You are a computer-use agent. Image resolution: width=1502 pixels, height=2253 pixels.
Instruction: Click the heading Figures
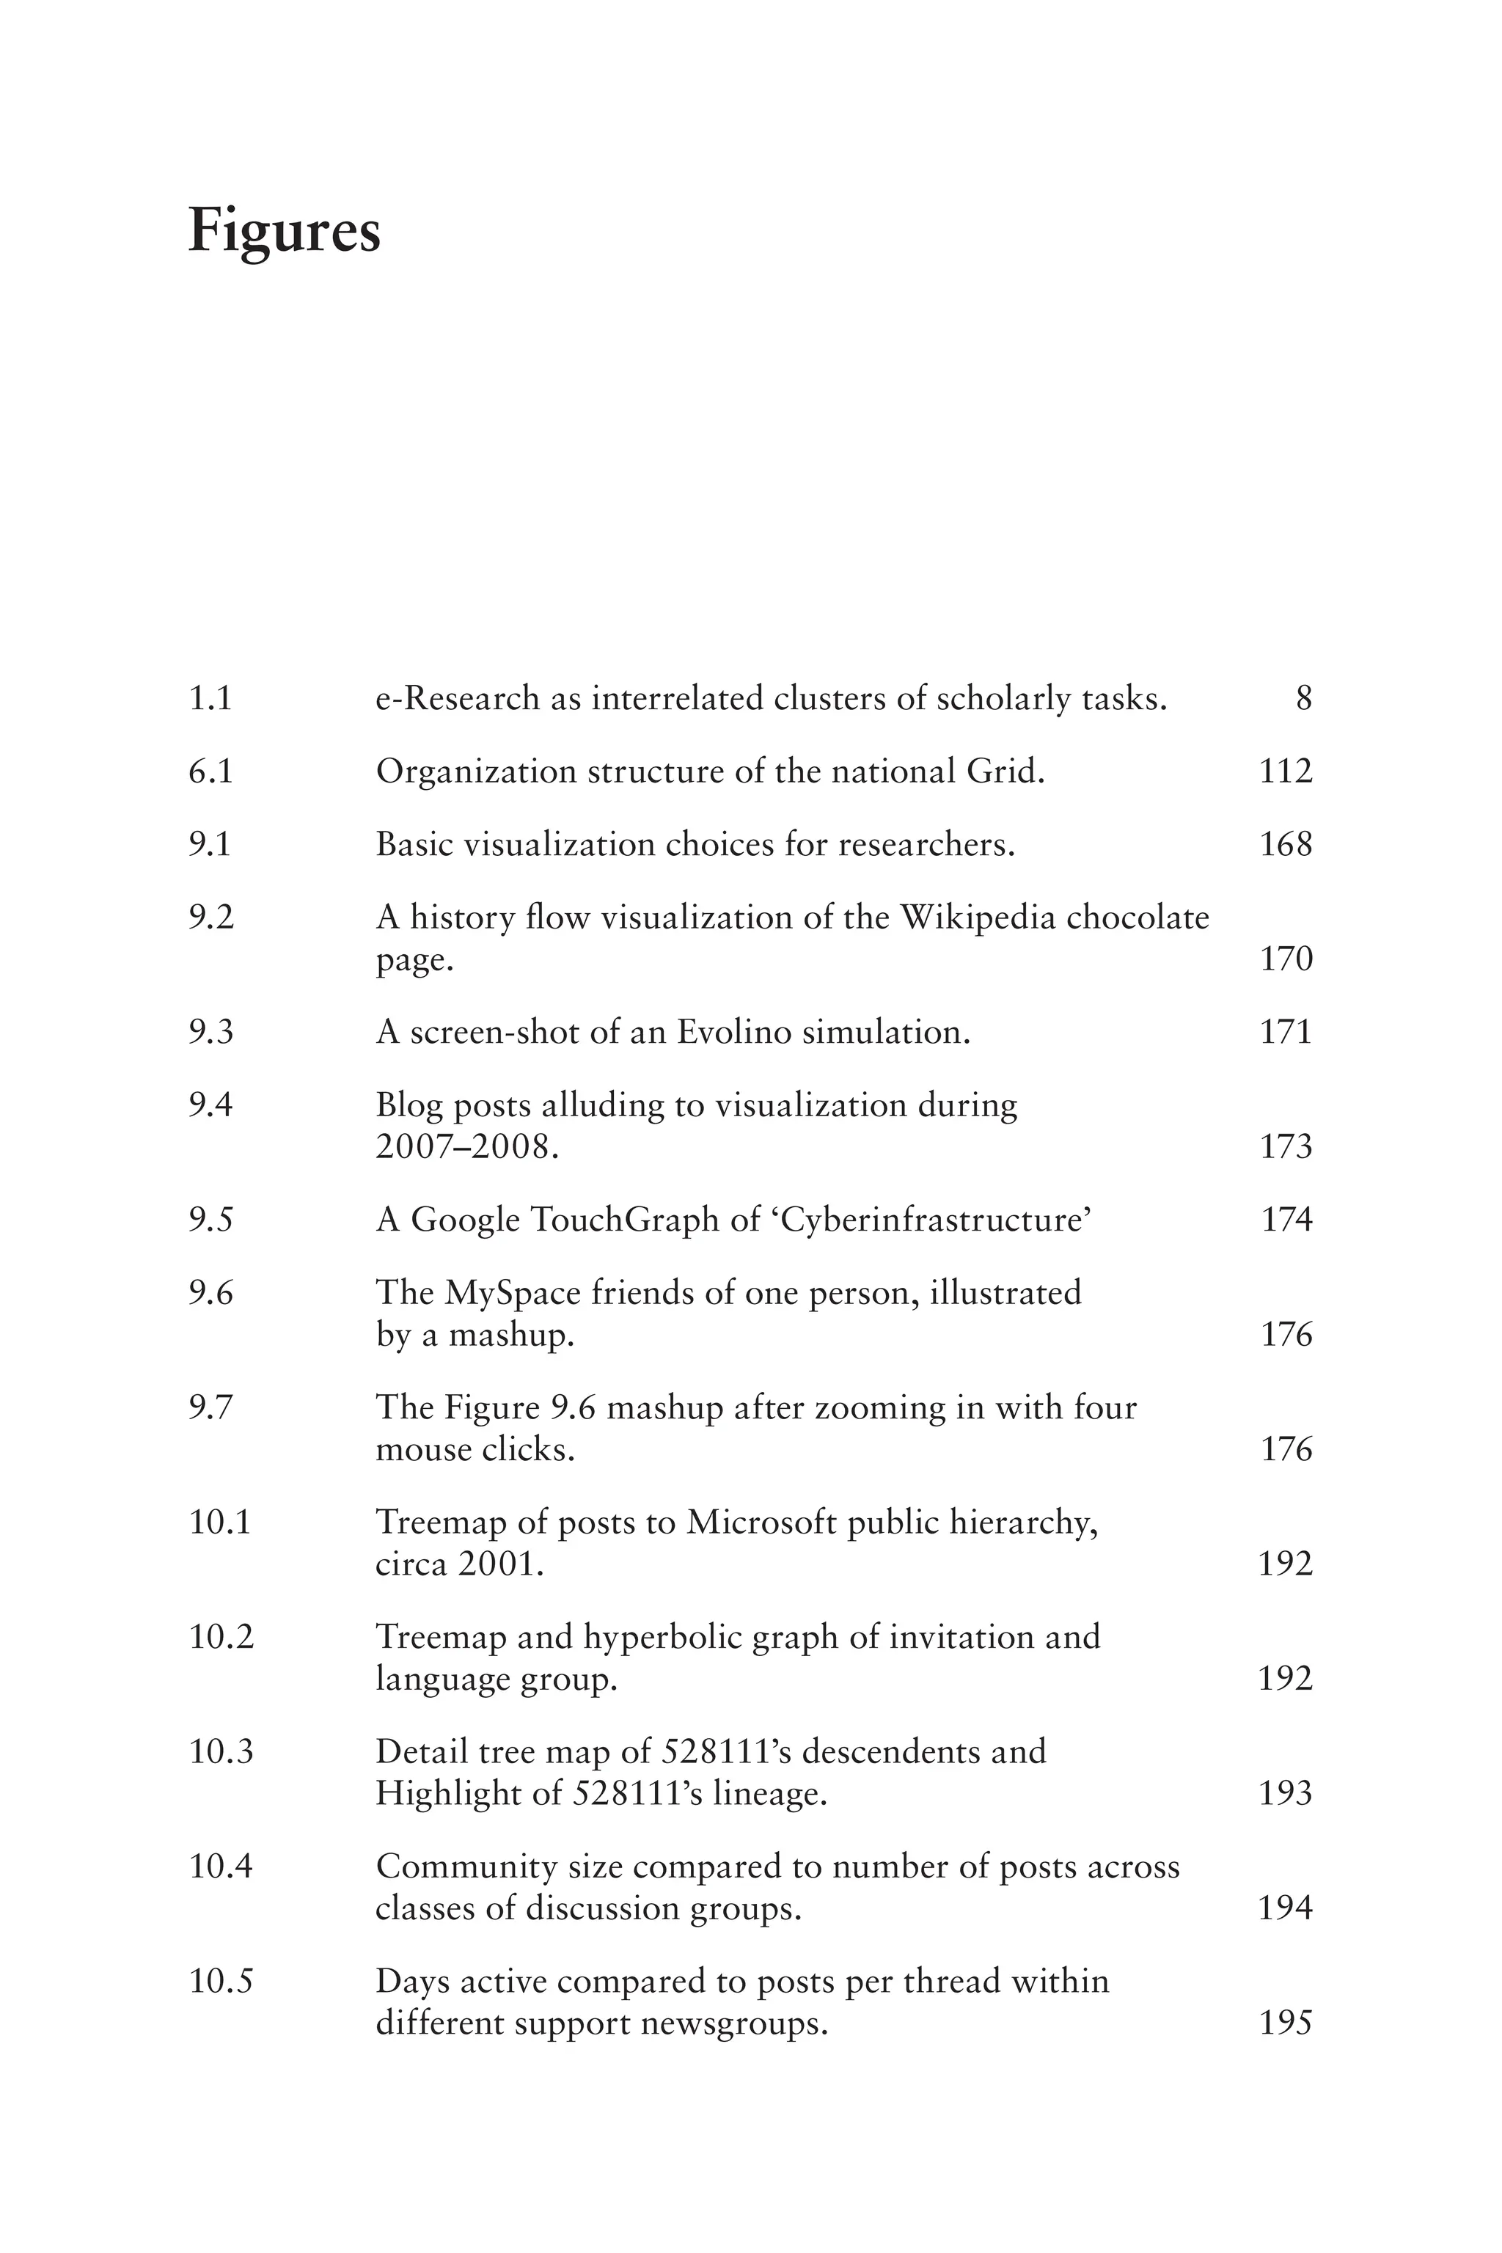click(285, 231)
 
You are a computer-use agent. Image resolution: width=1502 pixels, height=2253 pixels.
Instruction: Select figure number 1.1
click(210, 698)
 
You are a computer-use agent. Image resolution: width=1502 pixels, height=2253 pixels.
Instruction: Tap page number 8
click(1304, 698)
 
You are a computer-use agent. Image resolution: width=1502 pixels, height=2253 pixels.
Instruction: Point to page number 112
click(1286, 771)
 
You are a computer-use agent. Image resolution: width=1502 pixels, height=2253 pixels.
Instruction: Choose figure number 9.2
click(210, 917)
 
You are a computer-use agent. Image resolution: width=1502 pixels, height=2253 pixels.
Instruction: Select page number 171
click(1286, 1032)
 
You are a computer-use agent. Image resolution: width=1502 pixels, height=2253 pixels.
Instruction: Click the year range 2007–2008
click(466, 1146)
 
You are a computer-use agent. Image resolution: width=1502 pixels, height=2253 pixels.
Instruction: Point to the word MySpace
click(513, 1293)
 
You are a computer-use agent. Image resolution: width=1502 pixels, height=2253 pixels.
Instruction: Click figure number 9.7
click(210, 1407)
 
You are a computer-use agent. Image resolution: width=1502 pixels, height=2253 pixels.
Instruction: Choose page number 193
click(1286, 1793)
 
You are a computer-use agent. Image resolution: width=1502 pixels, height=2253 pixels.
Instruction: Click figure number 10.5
click(221, 1981)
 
